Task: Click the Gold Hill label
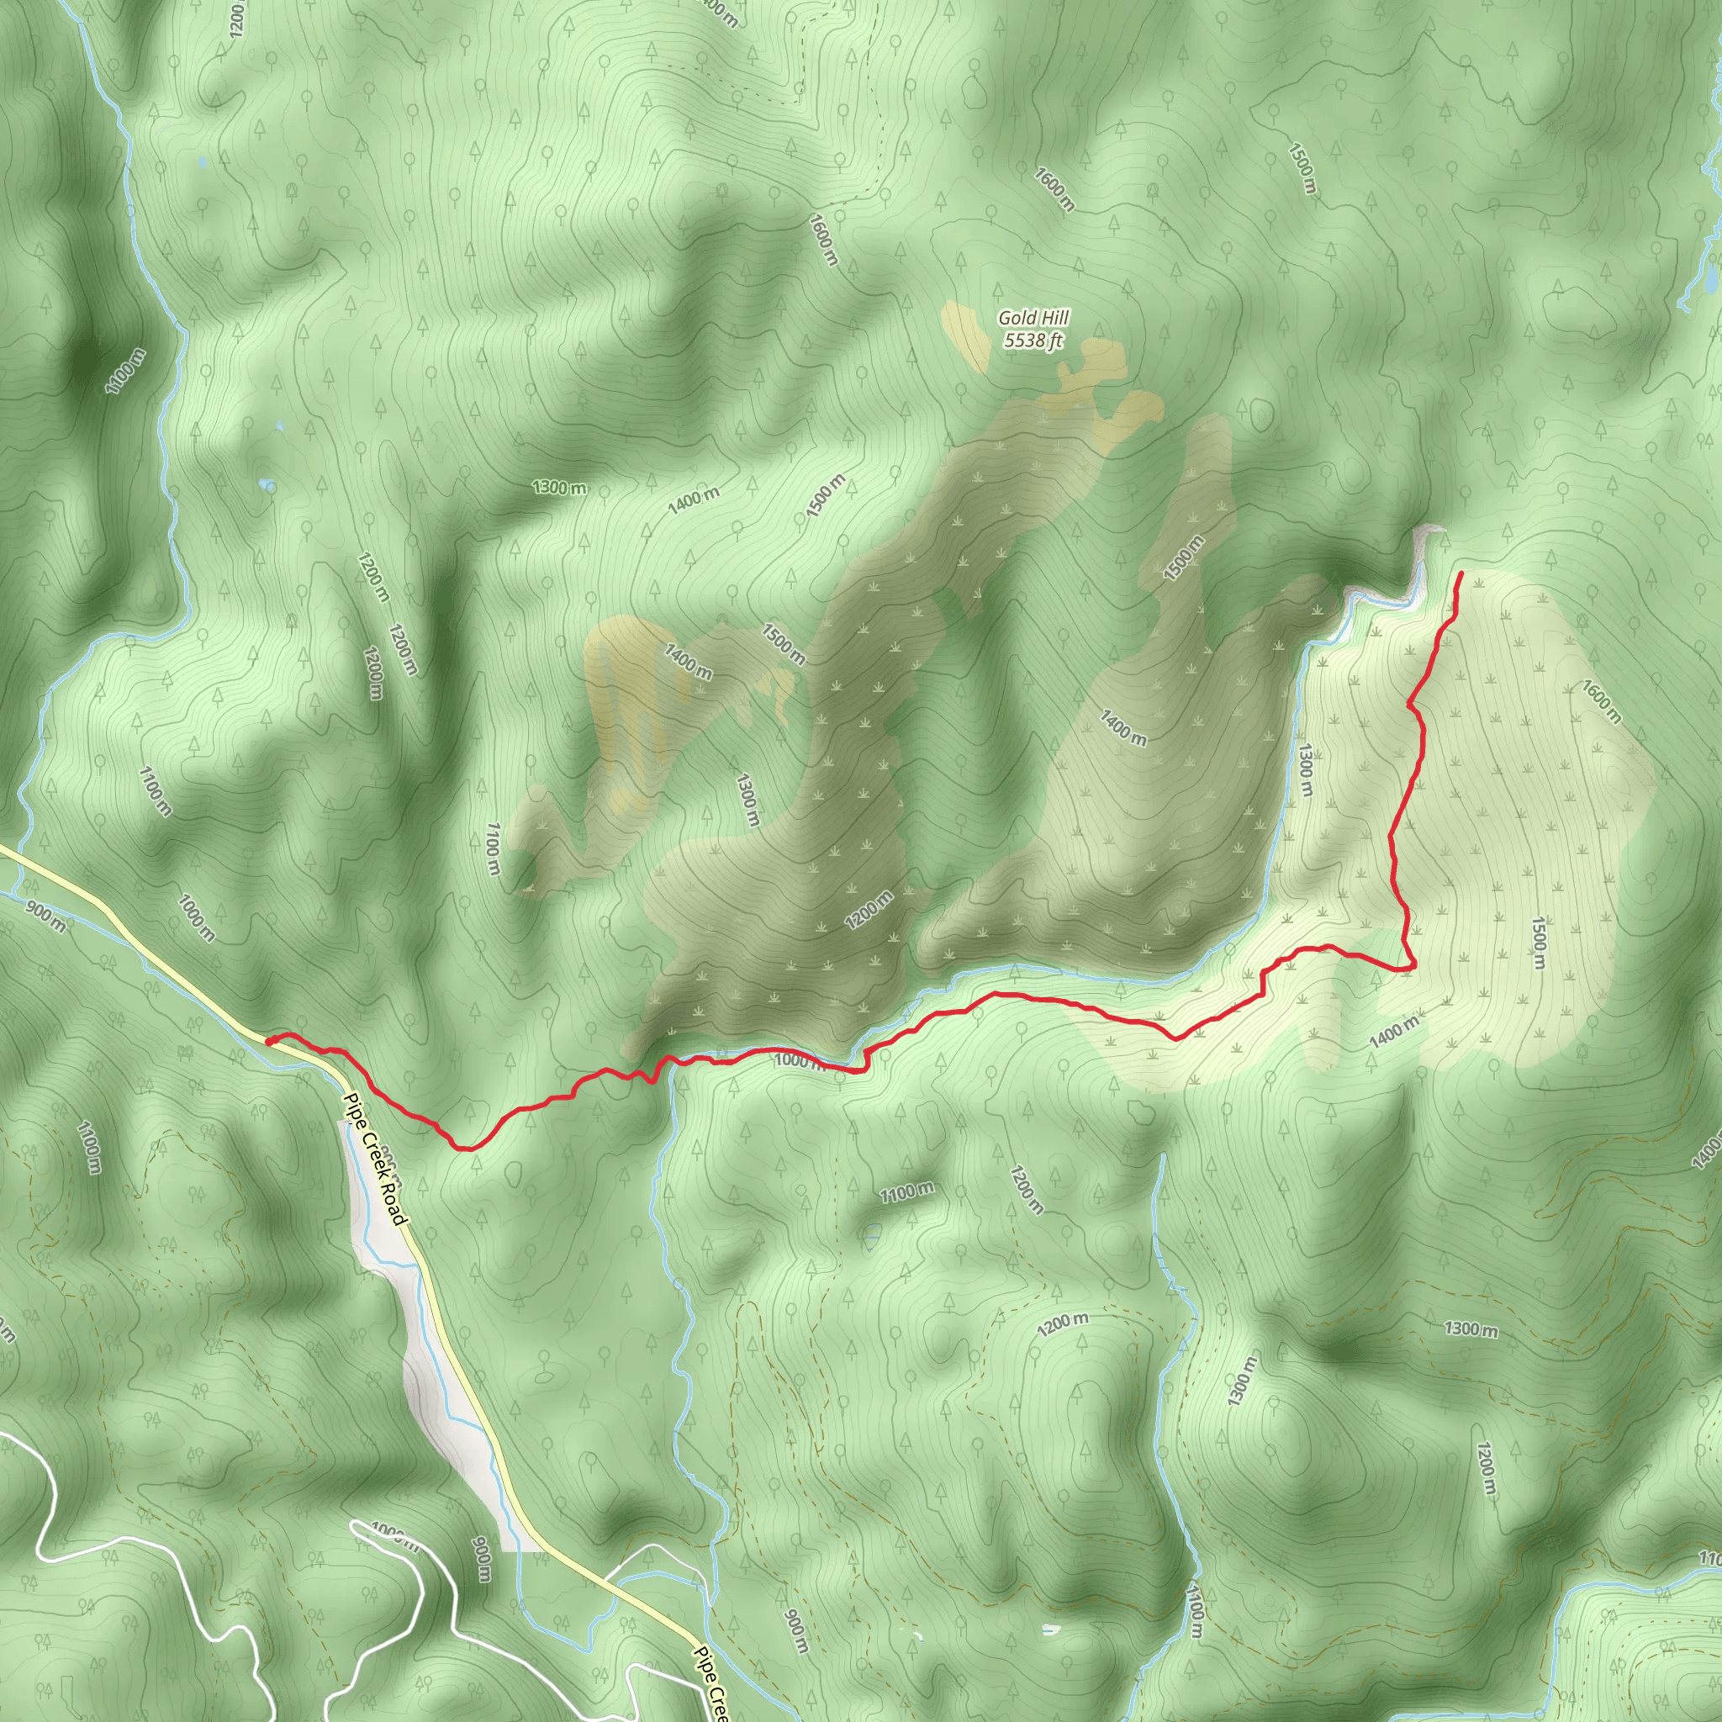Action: click(x=1033, y=317)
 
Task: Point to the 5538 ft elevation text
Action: click(x=1033, y=341)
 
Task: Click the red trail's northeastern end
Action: click(x=1460, y=573)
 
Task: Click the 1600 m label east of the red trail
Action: click(x=1602, y=700)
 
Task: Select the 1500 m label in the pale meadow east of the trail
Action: click(x=1538, y=942)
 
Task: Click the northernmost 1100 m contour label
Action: click(x=124, y=371)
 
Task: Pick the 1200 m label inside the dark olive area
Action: click(x=869, y=910)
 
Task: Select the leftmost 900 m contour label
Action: click(x=45, y=917)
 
